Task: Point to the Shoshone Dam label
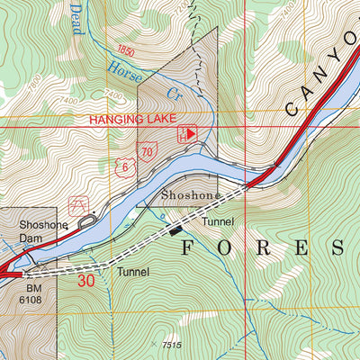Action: [x=37, y=233]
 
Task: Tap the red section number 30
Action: [x=86, y=281]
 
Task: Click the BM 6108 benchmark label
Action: [x=28, y=297]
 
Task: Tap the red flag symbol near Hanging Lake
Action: [x=189, y=133]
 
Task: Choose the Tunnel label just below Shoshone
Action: [x=218, y=220]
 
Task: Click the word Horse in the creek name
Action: [x=125, y=66]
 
